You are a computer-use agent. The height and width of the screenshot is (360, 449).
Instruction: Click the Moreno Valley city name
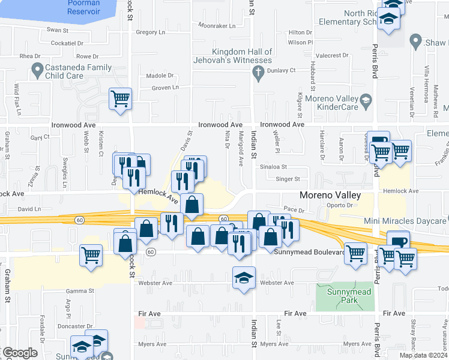click(x=330, y=196)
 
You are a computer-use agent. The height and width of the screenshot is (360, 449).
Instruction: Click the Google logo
click(x=20, y=353)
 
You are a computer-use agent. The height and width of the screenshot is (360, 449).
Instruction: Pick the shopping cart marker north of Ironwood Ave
click(x=120, y=99)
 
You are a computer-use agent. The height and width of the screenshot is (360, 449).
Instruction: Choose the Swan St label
click(x=58, y=29)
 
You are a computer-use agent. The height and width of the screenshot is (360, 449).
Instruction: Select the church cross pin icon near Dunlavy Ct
click(x=258, y=74)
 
